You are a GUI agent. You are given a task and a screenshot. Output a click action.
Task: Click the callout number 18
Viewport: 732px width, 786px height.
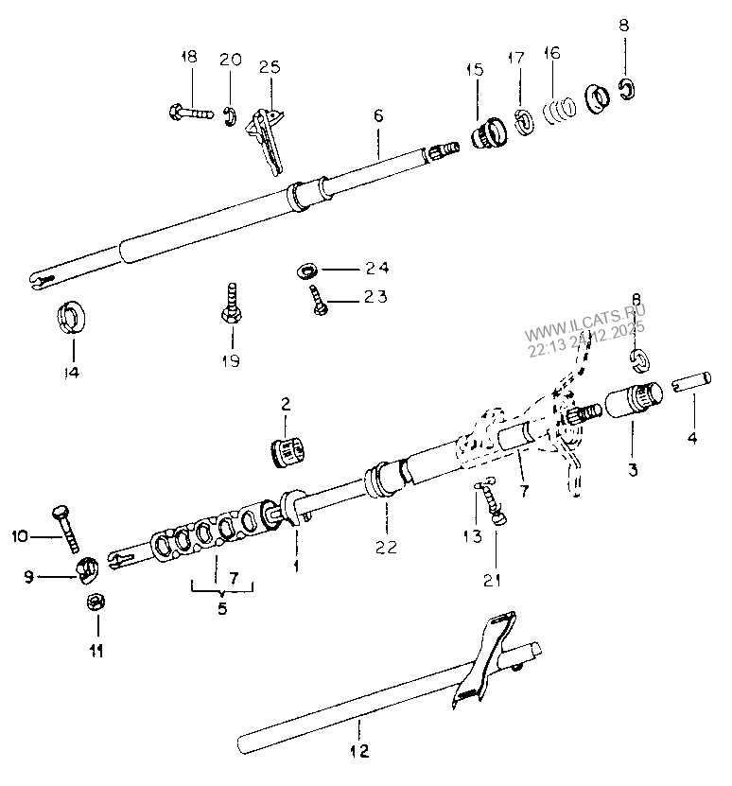point(188,58)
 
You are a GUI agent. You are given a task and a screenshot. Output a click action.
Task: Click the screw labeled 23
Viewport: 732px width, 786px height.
point(319,302)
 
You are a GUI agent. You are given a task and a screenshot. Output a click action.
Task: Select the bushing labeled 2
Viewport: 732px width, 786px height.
point(287,448)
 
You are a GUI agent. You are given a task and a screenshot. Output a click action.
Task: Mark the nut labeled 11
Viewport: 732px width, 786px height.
point(96,602)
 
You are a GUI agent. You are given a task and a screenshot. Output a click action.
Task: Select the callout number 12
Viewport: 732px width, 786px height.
point(358,753)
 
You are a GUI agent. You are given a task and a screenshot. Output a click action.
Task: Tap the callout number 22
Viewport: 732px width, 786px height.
point(386,547)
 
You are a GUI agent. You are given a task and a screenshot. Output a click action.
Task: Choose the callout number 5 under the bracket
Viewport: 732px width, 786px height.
point(222,609)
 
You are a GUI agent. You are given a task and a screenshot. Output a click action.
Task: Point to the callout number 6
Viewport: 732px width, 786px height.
point(377,116)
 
